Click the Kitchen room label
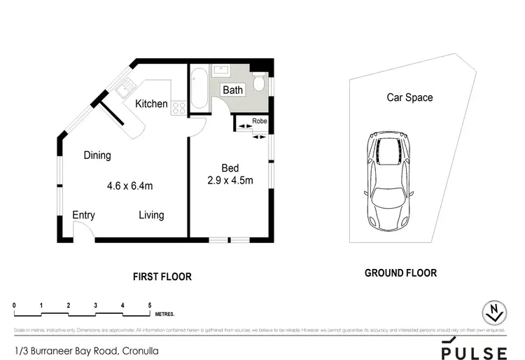[151, 104]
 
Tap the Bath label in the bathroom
[232, 90]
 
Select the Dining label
[97, 155]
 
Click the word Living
[151, 215]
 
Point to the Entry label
[83, 215]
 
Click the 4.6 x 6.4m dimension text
[129, 186]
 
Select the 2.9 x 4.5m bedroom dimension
[230, 180]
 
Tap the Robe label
[258, 119]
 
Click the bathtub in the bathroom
[199, 88]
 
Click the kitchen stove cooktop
[178, 108]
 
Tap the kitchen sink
[125, 89]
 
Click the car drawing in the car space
[387, 181]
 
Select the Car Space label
[409, 97]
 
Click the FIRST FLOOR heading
[162, 277]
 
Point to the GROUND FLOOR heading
[400, 273]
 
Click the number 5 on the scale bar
[150, 305]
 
